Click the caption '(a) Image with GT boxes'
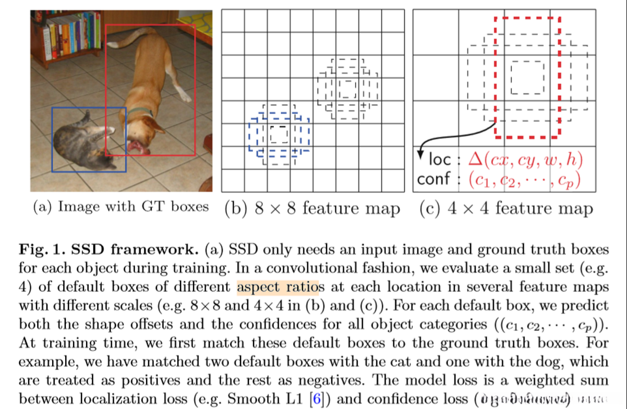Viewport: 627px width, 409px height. coord(120,207)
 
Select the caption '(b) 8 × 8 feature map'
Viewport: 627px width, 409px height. coord(312,209)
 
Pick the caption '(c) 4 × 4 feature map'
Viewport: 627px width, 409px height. coord(506,209)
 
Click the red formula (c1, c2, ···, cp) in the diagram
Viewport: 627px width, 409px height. coord(524,179)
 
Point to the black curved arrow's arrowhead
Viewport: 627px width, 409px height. coord(421,154)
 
